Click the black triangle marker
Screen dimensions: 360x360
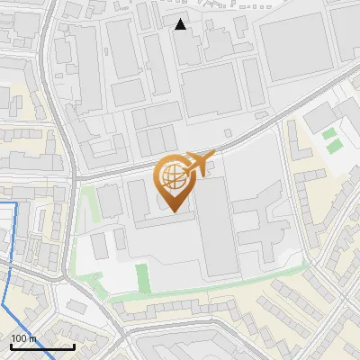coord(181,24)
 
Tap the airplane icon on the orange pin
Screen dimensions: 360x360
coord(199,164)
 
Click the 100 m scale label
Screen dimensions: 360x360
coord(24,338)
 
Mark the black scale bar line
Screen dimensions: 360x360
coord(42,346)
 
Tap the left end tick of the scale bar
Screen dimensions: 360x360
coord(11,346)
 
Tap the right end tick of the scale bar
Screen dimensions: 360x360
coord(74,346)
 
